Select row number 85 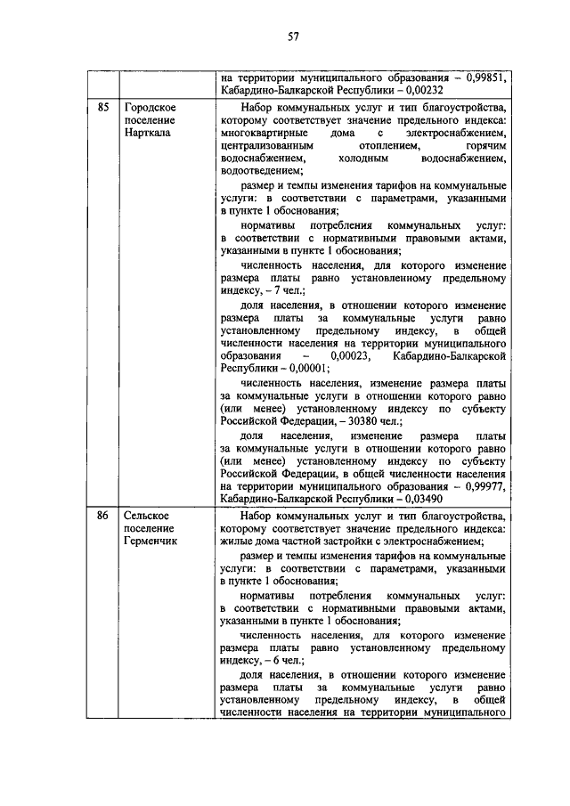103,109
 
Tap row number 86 103,516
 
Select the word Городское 150,109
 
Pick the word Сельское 148,516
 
